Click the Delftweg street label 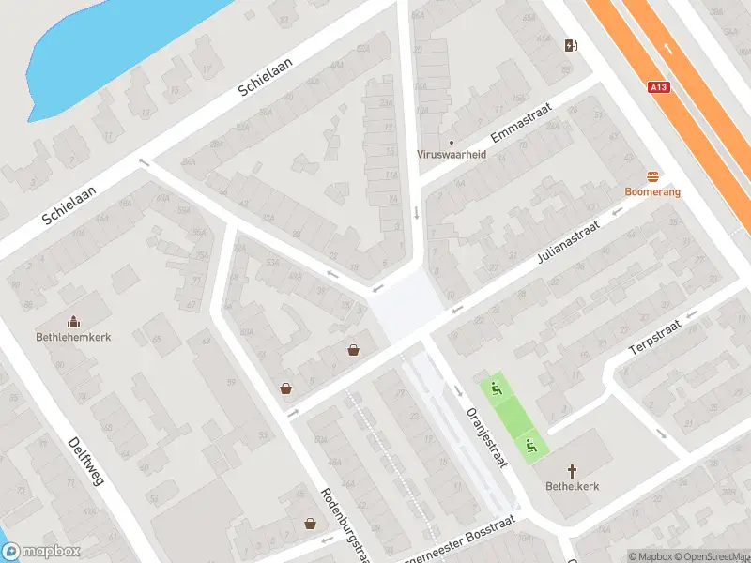tap(88, 475)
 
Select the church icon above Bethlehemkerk tap(73, 321)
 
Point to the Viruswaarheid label tap(452, 155)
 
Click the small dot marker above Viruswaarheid tap(452, 143)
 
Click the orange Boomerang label tap(653, 191)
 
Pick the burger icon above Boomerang tap(653, 176)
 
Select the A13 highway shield tap(660, 87)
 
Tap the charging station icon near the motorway tap(570, 45)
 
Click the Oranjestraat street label tap(486, 434)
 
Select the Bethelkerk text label tap(572, 486)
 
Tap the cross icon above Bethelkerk tap(572, 470)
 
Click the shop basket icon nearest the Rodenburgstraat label tap(310, 524)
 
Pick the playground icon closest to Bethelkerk tap(530, 446)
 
